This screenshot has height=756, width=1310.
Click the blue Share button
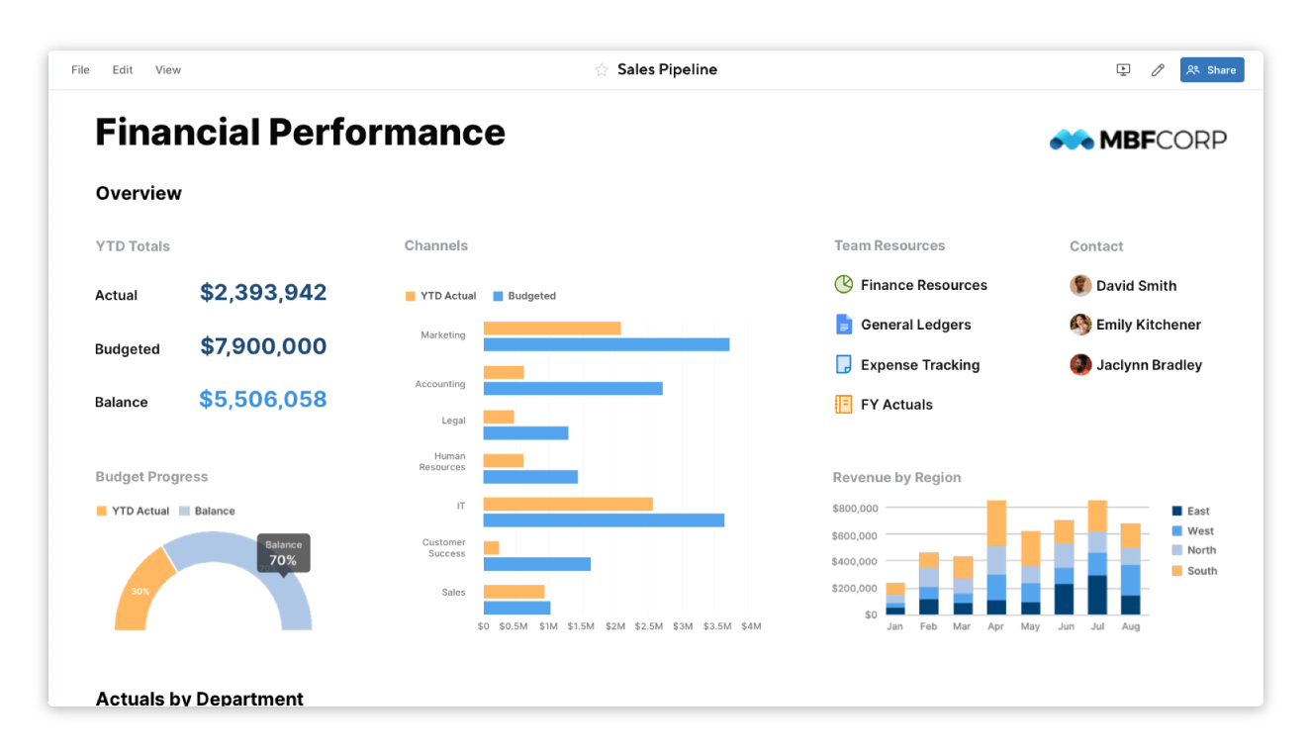tap(1211, 70)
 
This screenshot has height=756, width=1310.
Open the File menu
tap(80, 70)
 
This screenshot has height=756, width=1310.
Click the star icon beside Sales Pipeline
tap(601, 70)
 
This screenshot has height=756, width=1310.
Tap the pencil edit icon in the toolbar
tap(1158, 70)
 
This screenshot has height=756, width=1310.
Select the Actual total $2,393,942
tap(263, 293)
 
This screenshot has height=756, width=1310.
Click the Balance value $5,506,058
tap(263, 400)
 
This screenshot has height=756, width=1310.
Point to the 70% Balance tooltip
tap(283, 553)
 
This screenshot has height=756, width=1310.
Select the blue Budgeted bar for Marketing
tap(606, 344)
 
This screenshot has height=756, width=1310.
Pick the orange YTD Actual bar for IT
tap(568, 504)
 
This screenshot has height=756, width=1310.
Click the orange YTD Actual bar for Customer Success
tap(491, 547)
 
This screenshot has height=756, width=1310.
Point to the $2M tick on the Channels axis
tap(615, 626)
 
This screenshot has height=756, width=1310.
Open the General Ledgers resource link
tap(915, 325)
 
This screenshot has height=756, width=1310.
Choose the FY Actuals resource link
tap(896, 405)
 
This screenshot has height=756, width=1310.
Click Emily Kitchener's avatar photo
tap(1080, 325)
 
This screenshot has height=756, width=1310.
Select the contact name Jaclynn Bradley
tap(1149, 365)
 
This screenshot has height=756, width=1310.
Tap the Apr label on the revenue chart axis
tap(995, 626)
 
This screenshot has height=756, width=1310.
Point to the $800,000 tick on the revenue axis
tap(855, 509)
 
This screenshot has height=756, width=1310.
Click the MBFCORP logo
tap(1138, 140)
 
